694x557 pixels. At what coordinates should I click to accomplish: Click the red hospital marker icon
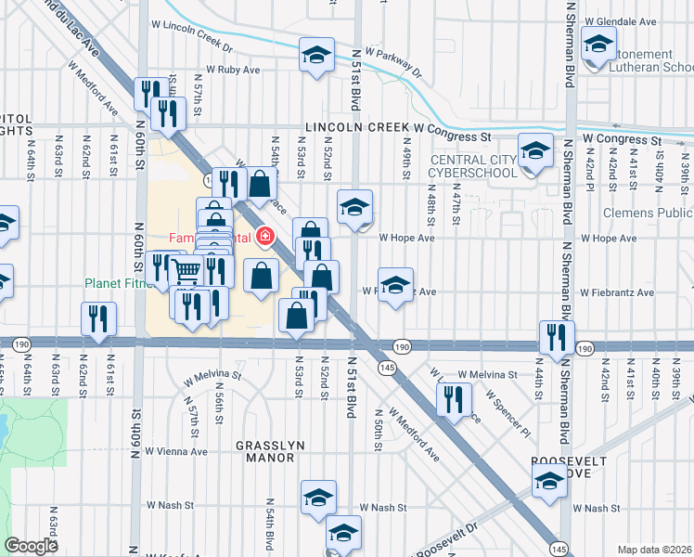point(266,238)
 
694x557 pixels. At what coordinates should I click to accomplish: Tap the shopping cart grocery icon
point(186,270)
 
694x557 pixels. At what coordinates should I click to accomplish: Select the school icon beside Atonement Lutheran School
point(598,44)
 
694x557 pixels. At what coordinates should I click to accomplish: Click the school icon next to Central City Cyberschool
point(535,149)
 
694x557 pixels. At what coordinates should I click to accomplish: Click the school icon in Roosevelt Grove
point(549,481)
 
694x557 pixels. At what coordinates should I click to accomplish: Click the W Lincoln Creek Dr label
point(196,42)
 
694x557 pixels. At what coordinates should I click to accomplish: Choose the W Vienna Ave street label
point(176,452)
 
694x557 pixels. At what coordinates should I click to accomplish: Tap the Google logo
point(31,546)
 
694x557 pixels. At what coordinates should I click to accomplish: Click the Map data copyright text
point(653,549)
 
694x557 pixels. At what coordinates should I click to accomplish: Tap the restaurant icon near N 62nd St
point(96,318)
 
